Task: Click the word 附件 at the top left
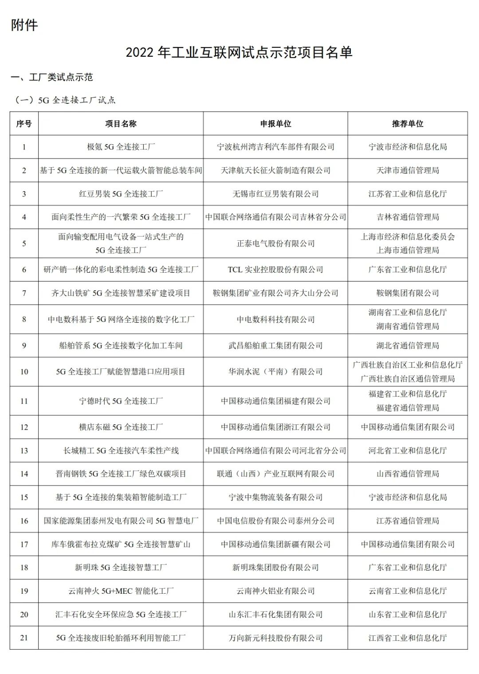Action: (24, 25)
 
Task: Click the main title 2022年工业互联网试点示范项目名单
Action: (239, 52)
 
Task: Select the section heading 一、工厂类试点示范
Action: (52, 77)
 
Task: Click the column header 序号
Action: (24, 124)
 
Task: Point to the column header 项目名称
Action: (121, 124)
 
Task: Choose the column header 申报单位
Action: (275, 124)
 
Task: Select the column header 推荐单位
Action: (407, 124)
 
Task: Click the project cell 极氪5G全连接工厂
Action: (121, 147)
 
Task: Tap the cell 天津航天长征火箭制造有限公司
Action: (275, 170)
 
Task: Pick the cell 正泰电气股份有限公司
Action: (275, 243)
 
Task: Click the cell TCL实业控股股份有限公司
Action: (275, 270)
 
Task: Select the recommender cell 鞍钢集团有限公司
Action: (407, 293)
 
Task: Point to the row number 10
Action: (24, 372)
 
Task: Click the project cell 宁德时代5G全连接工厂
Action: (121, 401)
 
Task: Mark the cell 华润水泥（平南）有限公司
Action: (275, 372)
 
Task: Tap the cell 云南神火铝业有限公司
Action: (275, 591)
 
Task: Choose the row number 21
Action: (24, 638)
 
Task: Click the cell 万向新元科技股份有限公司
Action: (275, 638)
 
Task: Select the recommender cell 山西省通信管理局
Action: (407, 474)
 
